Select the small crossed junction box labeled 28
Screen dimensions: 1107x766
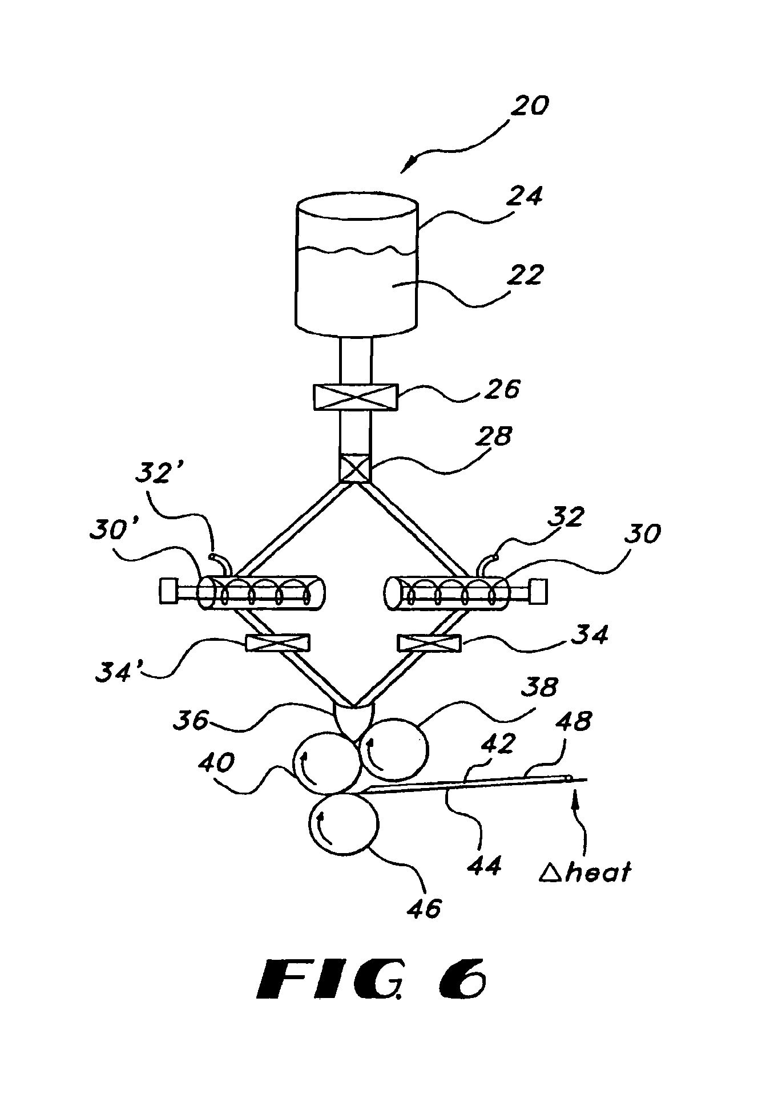pos(355,470)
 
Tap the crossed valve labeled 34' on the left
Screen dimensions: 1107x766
pos(277,644)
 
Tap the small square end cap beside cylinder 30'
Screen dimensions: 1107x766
pos(168,591)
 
